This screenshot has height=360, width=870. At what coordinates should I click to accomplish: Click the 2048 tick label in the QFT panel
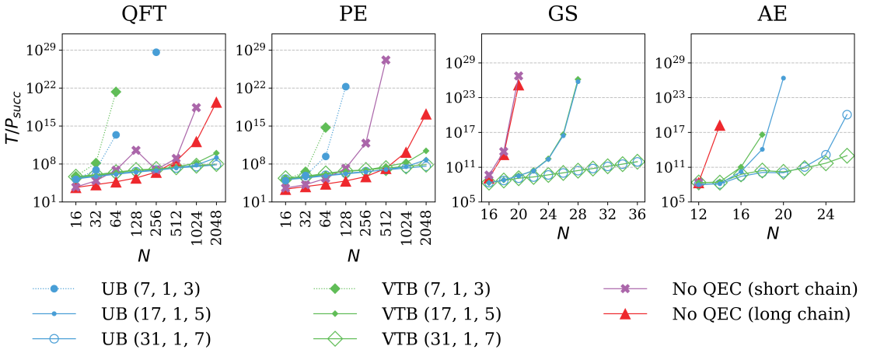point(217,225)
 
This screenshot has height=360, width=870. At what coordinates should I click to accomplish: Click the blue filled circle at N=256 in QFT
point(156,52)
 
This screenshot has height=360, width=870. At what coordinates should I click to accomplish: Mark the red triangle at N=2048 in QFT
point(216,103)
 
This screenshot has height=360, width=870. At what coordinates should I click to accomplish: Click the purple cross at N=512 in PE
point(386,60)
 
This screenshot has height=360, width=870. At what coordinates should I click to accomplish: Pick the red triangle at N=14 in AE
point(720,125)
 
